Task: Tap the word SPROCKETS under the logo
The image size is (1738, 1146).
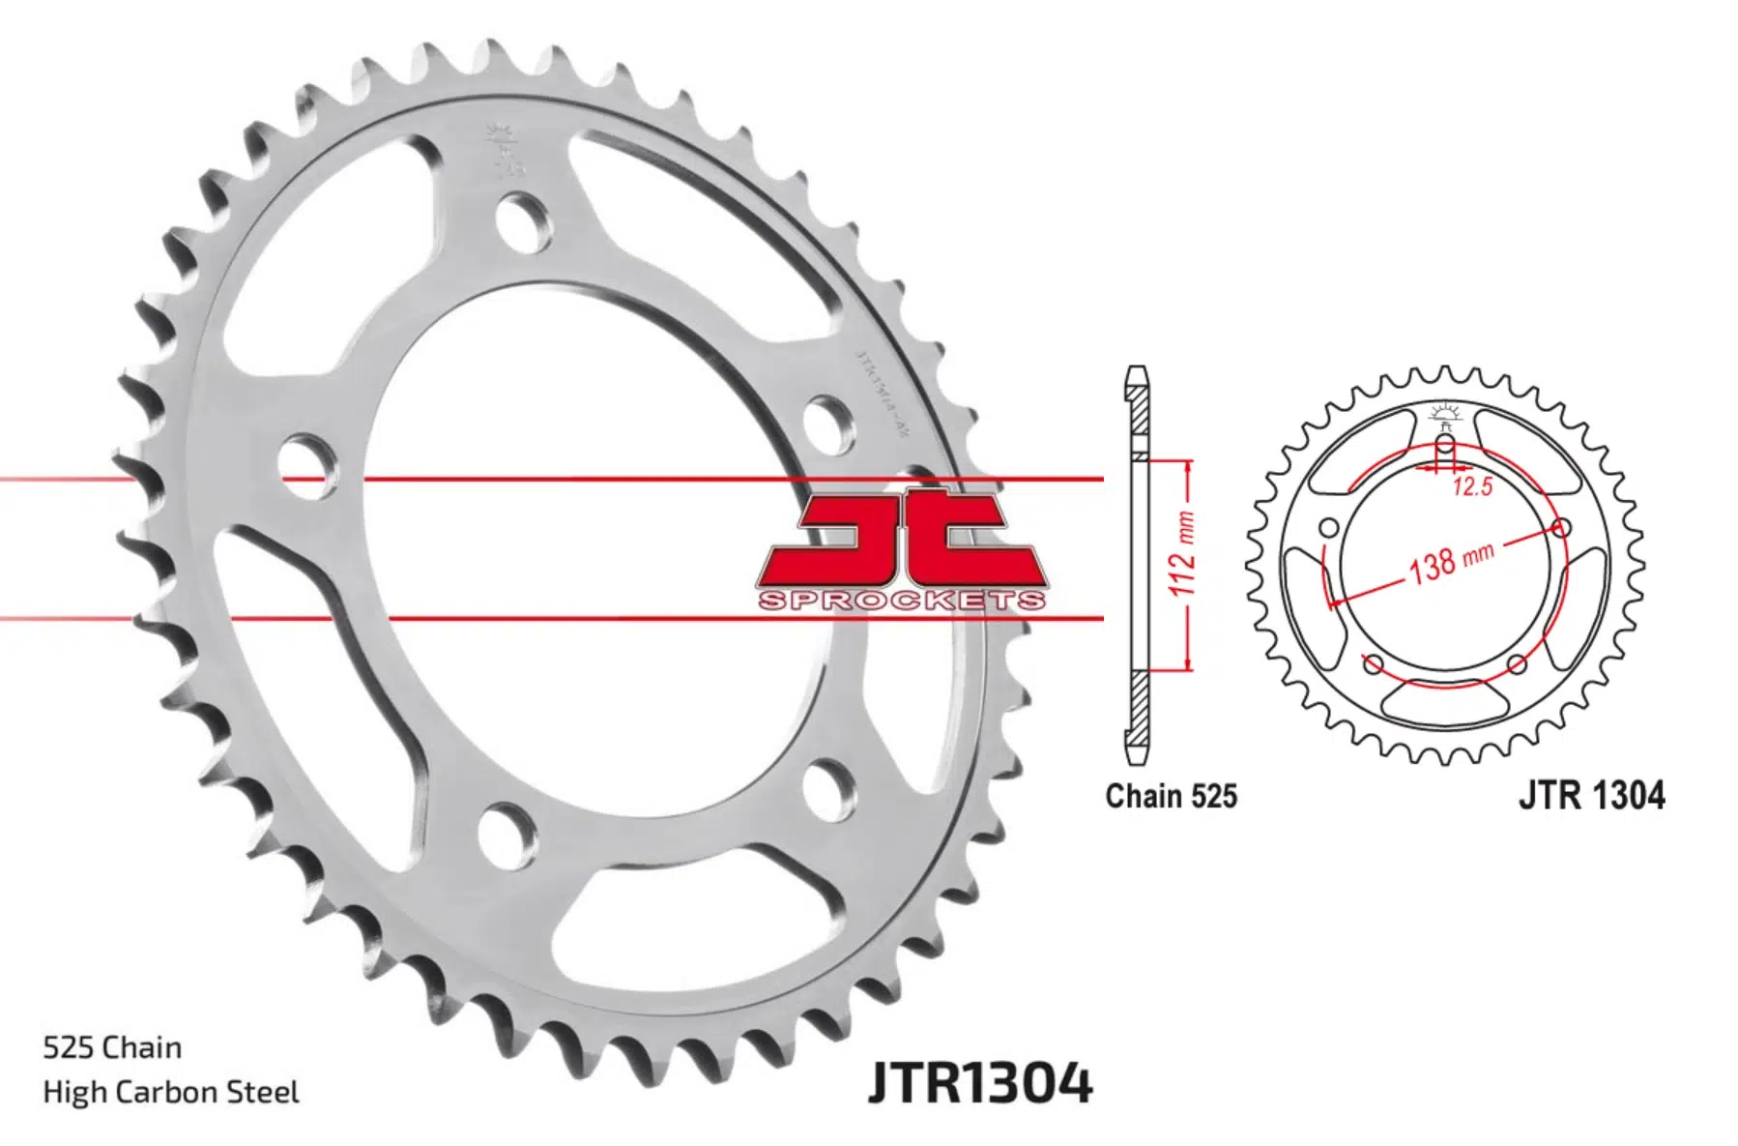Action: point(901,601)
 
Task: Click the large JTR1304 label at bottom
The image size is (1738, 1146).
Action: point(980,1082)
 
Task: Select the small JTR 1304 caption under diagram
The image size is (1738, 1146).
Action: point(1591,795)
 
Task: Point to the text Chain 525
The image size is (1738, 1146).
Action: point(1171,796)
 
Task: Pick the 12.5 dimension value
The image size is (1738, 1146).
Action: point(1472,487)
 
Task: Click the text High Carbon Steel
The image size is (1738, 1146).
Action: point(171,1092)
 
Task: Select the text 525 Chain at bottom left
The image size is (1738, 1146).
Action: point(112,1047)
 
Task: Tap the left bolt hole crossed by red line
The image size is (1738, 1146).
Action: point(308,465)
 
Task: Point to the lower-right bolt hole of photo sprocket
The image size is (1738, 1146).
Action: point(827,787)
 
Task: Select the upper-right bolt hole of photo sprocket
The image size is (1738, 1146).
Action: point(831,423)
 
